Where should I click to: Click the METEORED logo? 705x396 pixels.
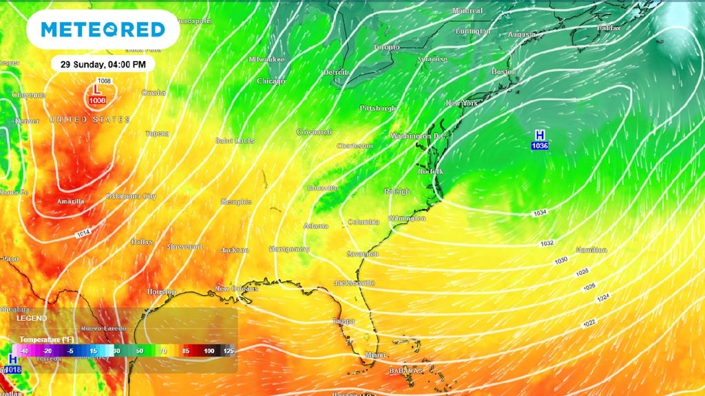click(103, 30)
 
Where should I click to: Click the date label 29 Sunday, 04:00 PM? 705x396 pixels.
click(103, 64)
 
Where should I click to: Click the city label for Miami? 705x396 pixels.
click(376, 355)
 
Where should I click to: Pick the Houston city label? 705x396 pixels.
click(161, 292)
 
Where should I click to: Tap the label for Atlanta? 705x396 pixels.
click(315, 226)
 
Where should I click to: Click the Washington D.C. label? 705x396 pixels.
click(419, 136)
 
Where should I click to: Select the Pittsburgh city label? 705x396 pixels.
click(378, 109)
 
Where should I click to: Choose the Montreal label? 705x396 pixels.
click(467, 11)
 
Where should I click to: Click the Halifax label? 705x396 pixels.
click(609, 28)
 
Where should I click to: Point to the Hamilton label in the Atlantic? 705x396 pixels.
click(591, 250)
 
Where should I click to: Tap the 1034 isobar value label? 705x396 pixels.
click(540, 214)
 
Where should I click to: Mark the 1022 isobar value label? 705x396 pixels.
click(589, 323)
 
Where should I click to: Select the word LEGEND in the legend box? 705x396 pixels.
click(32, 318)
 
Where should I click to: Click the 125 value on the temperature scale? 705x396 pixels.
click(228, 351)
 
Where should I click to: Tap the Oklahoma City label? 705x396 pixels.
click(131, 197)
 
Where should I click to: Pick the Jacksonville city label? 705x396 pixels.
click(354, 283)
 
